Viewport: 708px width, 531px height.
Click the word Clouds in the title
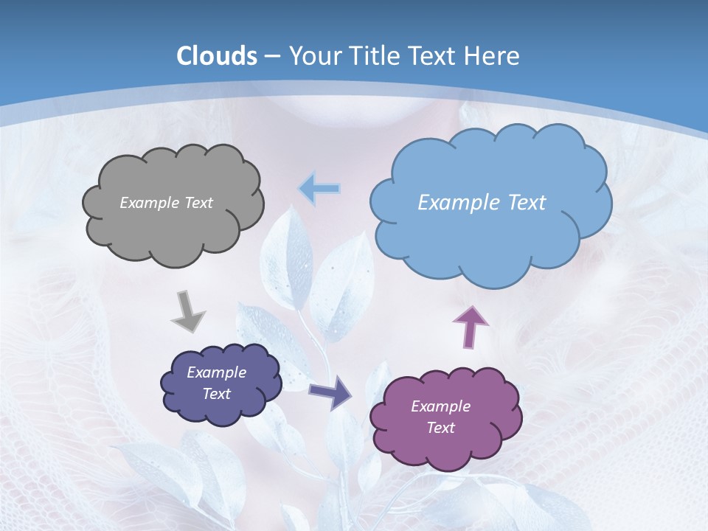(217, 56)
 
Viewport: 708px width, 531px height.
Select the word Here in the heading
(493, 56)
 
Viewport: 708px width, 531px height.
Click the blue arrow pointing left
(319, 190)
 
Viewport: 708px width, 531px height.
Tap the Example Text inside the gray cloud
(166, 203)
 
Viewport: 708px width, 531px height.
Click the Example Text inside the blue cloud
(482, 203)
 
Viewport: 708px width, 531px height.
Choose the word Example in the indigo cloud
(216, 372)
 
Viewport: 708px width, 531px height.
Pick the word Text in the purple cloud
(440, 428)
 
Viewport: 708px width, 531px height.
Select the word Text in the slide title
(434, 56)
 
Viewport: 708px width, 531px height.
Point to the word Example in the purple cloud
(440, 406)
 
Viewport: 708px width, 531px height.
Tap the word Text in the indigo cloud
(216, 394)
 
